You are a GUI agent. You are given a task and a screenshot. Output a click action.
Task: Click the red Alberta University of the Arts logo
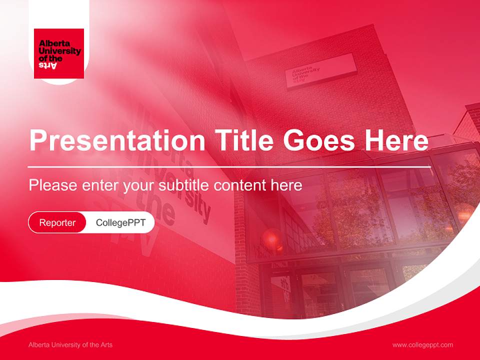click(x=58, y=53)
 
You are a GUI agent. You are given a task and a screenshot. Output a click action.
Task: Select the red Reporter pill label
click(x=57, y=222)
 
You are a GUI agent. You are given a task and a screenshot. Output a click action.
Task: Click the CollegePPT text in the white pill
click(x=120, y=222)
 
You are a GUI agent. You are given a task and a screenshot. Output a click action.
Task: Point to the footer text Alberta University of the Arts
click(x=70, y=345)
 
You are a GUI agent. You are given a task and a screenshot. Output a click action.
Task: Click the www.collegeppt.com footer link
click(x=422, y=345)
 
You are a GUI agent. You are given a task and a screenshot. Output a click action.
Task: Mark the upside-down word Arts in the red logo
click(x=48, y=65)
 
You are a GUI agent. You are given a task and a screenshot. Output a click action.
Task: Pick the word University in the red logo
click(x=59, y=51)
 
